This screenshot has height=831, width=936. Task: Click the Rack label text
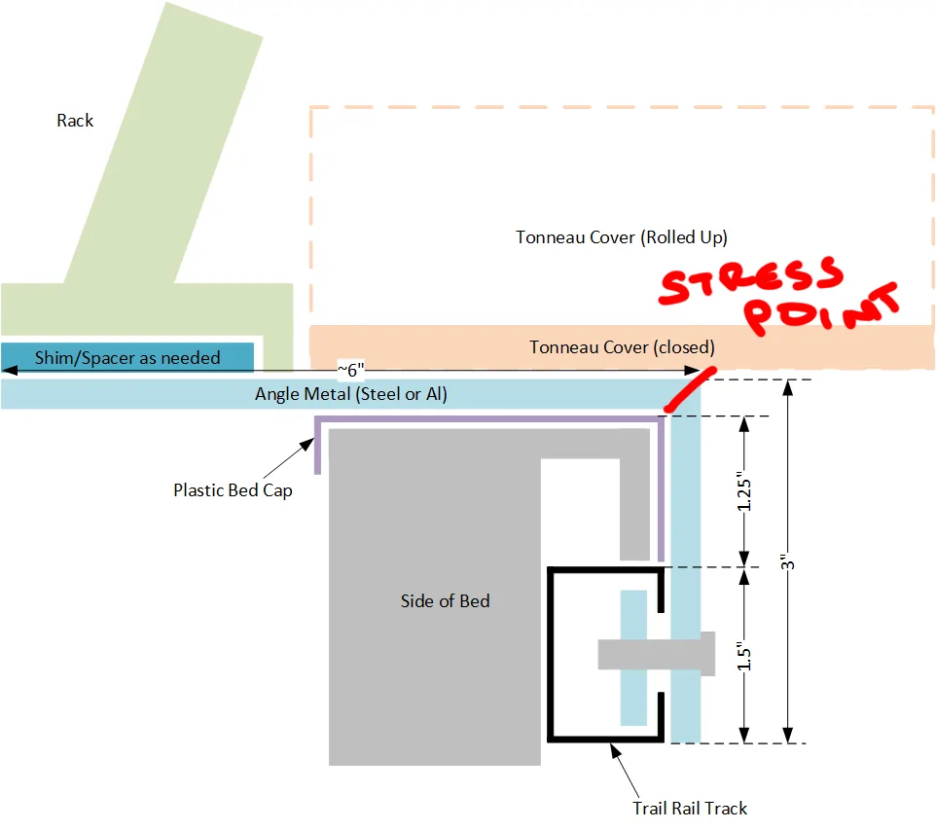(75, 121)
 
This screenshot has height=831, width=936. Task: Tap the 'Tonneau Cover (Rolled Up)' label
(622, 237)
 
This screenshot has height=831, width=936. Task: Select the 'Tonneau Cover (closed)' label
(622, 347)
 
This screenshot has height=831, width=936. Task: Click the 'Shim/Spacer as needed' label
(127, 358)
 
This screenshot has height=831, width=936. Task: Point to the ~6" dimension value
(351, 370)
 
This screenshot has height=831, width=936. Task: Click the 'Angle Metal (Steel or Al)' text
(351, 394)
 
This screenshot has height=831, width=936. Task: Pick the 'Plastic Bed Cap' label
(233, 490)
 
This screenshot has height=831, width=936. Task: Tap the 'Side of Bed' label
(446, 601)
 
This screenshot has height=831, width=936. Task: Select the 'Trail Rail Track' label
(690, 809)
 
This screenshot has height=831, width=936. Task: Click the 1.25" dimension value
(743, 491)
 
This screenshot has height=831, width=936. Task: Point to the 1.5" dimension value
(743, 656)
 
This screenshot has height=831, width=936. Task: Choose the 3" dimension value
(788, 561)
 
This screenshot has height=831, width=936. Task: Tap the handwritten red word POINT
(821, 309)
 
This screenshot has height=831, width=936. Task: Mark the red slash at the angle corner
(690, 390)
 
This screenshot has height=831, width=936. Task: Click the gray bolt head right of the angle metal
(707, 654)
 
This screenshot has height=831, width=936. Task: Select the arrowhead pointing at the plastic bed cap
(307, 444)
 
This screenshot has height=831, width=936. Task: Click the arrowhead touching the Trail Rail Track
(616, 750)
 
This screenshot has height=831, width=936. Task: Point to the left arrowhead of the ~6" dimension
(9, 371)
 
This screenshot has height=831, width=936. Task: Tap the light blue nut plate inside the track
(633, 658)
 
